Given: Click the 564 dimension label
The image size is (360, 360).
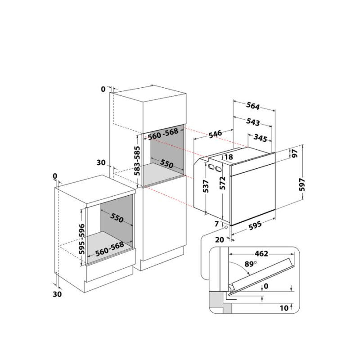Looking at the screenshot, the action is pos(253,106).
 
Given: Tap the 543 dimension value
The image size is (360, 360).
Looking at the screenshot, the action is pos(253,121).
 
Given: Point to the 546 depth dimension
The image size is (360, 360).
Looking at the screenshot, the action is pos(216,134).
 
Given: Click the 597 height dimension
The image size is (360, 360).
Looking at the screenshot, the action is pos(302,184).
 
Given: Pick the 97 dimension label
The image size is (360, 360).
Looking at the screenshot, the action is pos(294,153).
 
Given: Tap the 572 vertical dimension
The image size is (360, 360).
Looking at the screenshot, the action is pos(222,183).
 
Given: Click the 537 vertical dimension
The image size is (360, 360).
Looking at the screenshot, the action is pos(206,186).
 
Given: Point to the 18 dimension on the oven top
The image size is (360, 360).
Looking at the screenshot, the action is pos(229,157).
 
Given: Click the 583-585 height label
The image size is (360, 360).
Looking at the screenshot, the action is pos(137,161).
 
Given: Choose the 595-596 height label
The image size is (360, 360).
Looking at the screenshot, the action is pos(82,239).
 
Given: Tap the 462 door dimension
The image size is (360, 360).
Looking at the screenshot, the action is pos(261,254).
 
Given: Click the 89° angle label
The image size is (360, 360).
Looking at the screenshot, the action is pos(250,264).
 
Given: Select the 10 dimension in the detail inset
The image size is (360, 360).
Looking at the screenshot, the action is pos(284,308).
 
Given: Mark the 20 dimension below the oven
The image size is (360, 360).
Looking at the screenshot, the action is pos(220,240).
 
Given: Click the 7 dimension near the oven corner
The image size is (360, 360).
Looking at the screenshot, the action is pos(216,224).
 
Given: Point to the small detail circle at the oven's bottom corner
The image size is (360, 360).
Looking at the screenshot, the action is pos(226,227).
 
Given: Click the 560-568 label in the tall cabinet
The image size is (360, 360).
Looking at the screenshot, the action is pos(163,134).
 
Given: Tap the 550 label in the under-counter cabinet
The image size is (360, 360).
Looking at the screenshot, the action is pos(117,218).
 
